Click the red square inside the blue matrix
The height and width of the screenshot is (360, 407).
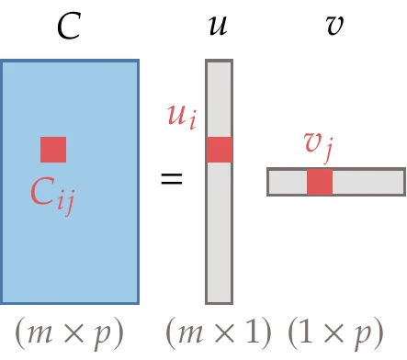tap(53, 150)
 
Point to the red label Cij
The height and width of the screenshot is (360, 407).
tap(51, 194)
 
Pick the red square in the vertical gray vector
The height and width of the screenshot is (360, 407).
tap(219, 150)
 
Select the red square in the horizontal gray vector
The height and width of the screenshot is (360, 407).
tap(320, 182)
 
